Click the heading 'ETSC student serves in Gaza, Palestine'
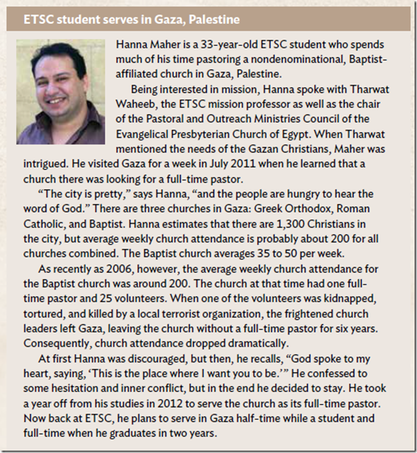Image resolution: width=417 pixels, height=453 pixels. click(x=131, y=20)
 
